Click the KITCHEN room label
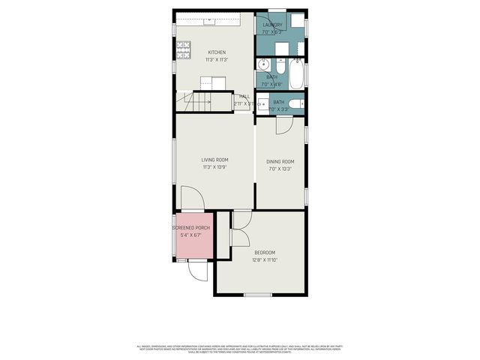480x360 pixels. click(216, 52)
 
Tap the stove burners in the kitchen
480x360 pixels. click(182, 49)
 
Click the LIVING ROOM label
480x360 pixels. click(214, 160)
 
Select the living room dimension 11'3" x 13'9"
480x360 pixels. click(214, 167)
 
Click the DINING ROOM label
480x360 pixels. click(280, 162)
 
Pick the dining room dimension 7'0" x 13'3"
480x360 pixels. click(280, 169)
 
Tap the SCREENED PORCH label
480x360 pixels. click(191, 227)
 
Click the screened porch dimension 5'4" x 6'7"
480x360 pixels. click(191, 235)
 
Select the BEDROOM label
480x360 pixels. click(264, 252)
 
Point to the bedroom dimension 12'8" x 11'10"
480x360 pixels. click(264, 260)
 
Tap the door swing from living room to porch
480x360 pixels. click(192, 199)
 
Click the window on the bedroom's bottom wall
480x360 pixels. click(258, 295)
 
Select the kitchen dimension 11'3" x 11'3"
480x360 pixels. click(216, 60)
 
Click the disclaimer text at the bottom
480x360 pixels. click(240, 349)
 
